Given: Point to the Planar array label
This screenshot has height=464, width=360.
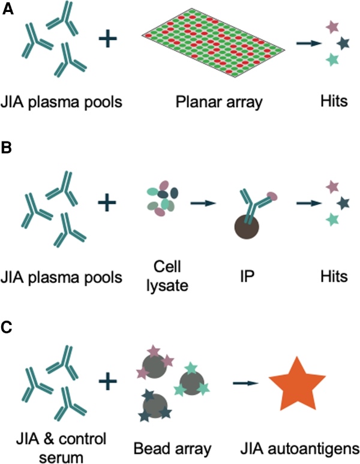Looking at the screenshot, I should pos(220,102).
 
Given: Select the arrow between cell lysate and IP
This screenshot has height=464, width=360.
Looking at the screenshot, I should pos(202,204).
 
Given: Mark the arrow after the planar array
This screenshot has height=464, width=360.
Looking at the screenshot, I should pos(306,43).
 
